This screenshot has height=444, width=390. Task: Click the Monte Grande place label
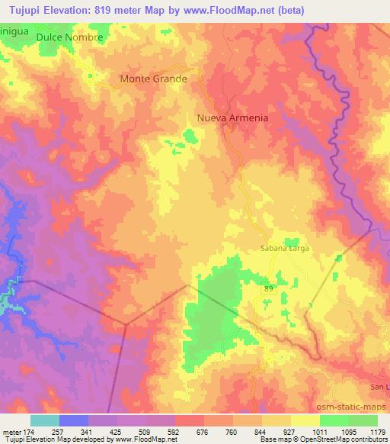pyautogui.click(x=153, y=78)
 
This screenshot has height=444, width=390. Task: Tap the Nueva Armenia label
pyautogui.click(x=232, y=117)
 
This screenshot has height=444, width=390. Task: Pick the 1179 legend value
pyautogui.click(x=376, y=431)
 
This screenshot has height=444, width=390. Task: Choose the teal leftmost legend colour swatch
pyautogui.click(x=45, y=420)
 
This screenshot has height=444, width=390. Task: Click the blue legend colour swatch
pyautogui.click(x=74, y=420)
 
